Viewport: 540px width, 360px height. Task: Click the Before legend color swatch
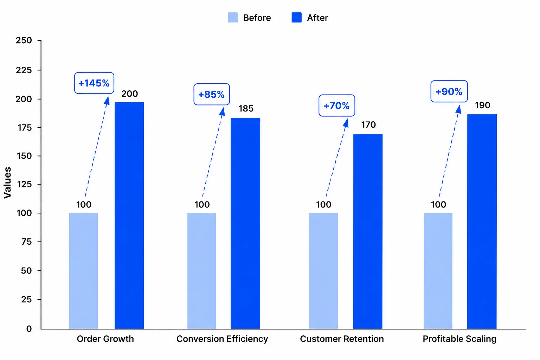(233, 18)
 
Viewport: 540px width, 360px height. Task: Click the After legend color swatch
(296, 18)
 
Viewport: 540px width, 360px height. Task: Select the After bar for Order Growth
(129, 216)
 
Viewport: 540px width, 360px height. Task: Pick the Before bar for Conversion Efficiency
(202, 271)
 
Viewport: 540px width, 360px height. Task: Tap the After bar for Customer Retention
(368, 231)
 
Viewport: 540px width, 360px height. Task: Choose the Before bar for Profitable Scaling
(438, 271)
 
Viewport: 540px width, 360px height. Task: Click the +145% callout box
(94, 83)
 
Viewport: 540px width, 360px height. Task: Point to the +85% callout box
(212, 94)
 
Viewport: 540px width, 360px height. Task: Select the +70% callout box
(337, 105)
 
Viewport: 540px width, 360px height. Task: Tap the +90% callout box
(449, 91)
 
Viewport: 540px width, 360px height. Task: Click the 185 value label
(246, 109)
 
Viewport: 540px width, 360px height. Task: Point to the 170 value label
(368, 125)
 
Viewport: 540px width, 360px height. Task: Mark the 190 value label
(482, 105)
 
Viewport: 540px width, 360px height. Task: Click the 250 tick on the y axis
(24, 40)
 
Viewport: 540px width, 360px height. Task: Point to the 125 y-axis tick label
(24, 185)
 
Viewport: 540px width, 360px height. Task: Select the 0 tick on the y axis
(29, 329)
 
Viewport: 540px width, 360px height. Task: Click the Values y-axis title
(7, 183)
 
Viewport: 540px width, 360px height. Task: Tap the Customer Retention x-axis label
(342, 339)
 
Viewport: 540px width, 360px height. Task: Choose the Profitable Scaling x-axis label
(460, 339)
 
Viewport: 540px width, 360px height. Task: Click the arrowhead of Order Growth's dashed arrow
(107, 101)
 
